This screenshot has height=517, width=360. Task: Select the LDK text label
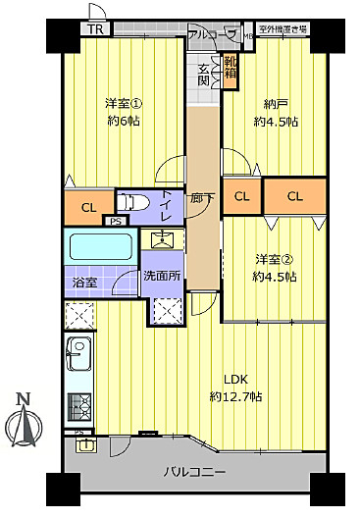point(234,380)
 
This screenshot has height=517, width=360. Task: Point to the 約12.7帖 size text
point(235,396)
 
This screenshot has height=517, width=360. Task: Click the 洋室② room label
point(274,259)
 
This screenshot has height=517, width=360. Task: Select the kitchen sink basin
point(77,352)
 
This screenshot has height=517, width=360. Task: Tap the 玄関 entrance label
point(204,75)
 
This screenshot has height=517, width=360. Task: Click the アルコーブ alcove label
point(213,34)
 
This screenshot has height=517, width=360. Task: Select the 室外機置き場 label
point(284,29)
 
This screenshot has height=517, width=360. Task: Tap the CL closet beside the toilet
point(88,206)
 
